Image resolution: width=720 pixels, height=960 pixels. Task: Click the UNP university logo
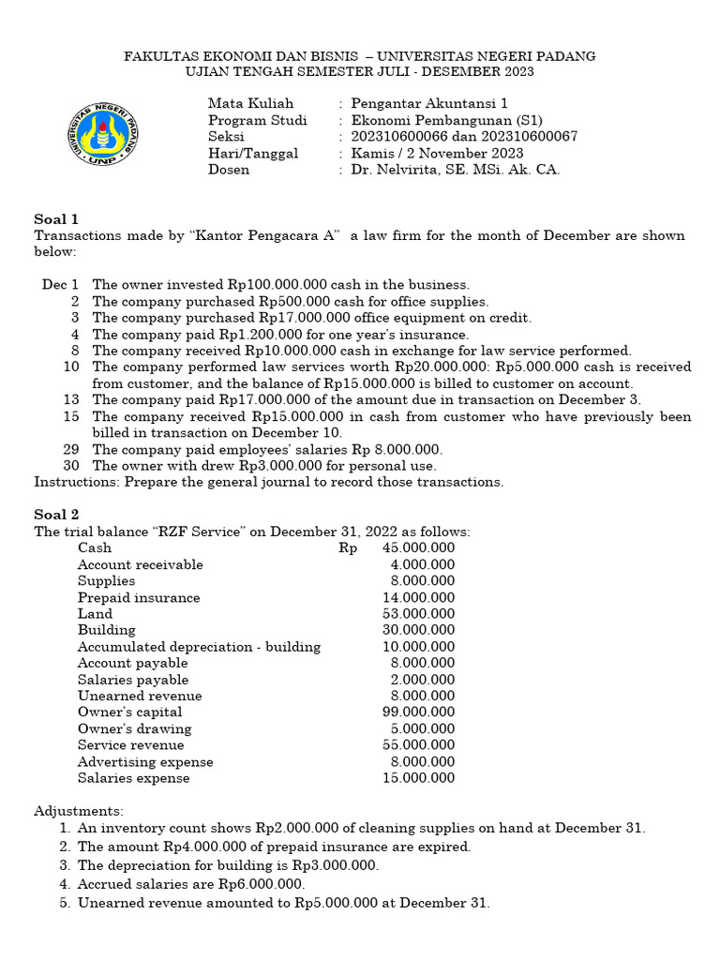pyautogui.click(x=103, y=133)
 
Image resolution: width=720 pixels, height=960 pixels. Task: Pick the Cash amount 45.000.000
pyautogui.click(x=418, y=548)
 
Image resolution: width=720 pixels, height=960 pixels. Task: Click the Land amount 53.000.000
pyautogui.click(x=418, y=614)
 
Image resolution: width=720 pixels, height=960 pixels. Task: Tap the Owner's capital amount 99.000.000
pyautogui.click(x=418, y=712)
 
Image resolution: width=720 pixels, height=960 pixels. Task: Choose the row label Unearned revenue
pyautogui.click(x=140, y=696)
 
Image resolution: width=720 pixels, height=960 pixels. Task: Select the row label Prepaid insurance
pyautogui.click(x=139, y=597)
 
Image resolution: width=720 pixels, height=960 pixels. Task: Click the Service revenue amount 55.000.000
pyautogui.click(x=418, y=745)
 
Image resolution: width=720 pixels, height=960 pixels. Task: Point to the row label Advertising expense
pyautogui.click(x=145, y=762)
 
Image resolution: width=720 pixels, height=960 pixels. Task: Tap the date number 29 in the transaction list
pyautogui.click(x=71, y=449)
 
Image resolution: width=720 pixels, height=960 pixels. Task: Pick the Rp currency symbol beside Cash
pyautogui.click(x=348, y=548)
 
